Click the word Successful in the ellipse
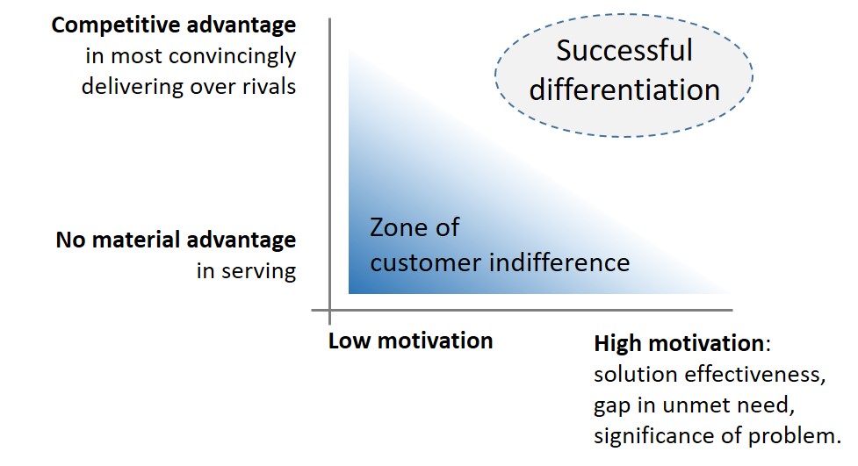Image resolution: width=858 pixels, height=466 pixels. click(x=624, y=50)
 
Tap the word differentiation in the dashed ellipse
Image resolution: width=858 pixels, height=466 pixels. click(x=624, y=90)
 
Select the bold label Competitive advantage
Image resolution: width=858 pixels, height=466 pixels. click(x=174, y=25)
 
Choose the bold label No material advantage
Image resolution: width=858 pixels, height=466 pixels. click(x=176, y=240)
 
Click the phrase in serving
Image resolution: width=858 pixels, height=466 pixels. click(x=246, y=271)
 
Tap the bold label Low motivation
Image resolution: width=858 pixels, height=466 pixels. click(x=410, y=341)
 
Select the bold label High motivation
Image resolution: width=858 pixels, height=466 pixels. click(x=679, y=343)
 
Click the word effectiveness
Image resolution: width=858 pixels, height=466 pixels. click(x=755, y=375)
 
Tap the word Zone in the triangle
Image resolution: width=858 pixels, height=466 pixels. click(x=397, y=227)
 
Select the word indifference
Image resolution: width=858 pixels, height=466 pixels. click(x=559, y=262)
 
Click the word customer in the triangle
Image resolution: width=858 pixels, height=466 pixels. click(x=425, y=263)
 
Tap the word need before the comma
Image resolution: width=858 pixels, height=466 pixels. click(x=764, y=405)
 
